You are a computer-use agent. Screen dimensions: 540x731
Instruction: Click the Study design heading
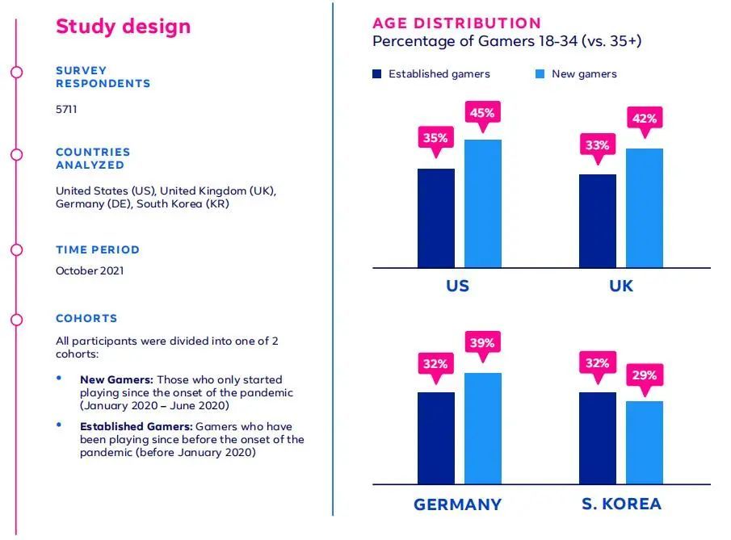(123, 26)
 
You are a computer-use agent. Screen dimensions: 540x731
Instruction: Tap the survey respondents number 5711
(66, 109)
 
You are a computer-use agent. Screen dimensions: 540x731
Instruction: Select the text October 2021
(90, 271)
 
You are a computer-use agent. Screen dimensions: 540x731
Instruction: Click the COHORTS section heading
(86, 318)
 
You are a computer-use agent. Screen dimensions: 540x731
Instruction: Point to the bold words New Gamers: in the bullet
(116, 379)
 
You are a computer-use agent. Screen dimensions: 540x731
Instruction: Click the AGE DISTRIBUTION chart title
(456, 23)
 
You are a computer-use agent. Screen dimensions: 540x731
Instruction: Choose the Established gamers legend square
(377, 74)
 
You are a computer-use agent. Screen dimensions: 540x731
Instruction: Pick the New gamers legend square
(540, 74)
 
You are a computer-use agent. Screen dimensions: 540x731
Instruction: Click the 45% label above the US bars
(482, 113)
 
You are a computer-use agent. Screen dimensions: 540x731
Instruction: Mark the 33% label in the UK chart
(597, 146)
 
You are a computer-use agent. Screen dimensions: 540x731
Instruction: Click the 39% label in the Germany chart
(482, 343)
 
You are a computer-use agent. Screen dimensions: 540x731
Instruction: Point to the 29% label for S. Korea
(644, 375)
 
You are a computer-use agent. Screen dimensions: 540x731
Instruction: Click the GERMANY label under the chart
(457, 504)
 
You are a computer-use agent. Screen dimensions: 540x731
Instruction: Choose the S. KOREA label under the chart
(621, 504)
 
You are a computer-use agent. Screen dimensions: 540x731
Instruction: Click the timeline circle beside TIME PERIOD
(17, 250)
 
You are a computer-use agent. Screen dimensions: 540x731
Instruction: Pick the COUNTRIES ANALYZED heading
(93, 158)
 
